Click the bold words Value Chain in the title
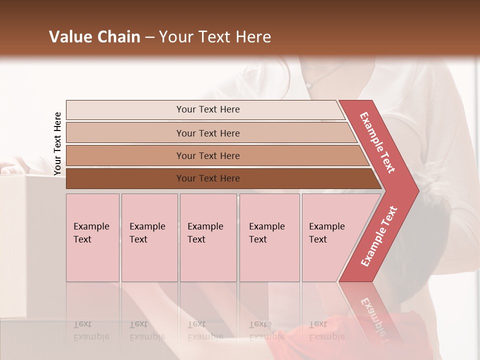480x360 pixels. tap(94, 37)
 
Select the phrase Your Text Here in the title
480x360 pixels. tap(215, 37)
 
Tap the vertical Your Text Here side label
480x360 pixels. tap(57, 143)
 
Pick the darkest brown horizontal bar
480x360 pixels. tap(125, 178)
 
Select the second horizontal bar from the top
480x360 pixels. tap(125, 133)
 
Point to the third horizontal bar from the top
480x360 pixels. tap(125, 155)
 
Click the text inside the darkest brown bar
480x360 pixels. tap(208, 178)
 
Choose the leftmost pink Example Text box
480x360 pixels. tap(92, 237)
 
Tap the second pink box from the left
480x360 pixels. tap(149, 237)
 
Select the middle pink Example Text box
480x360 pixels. tap(208, 237)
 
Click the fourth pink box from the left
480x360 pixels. tap(269, 237)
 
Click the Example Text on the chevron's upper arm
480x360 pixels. tap(377, 142)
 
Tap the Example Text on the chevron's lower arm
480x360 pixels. tap(378, 236)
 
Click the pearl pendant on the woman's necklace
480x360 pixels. tap(308, 86)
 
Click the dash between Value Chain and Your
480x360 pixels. tap(149, 37)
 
